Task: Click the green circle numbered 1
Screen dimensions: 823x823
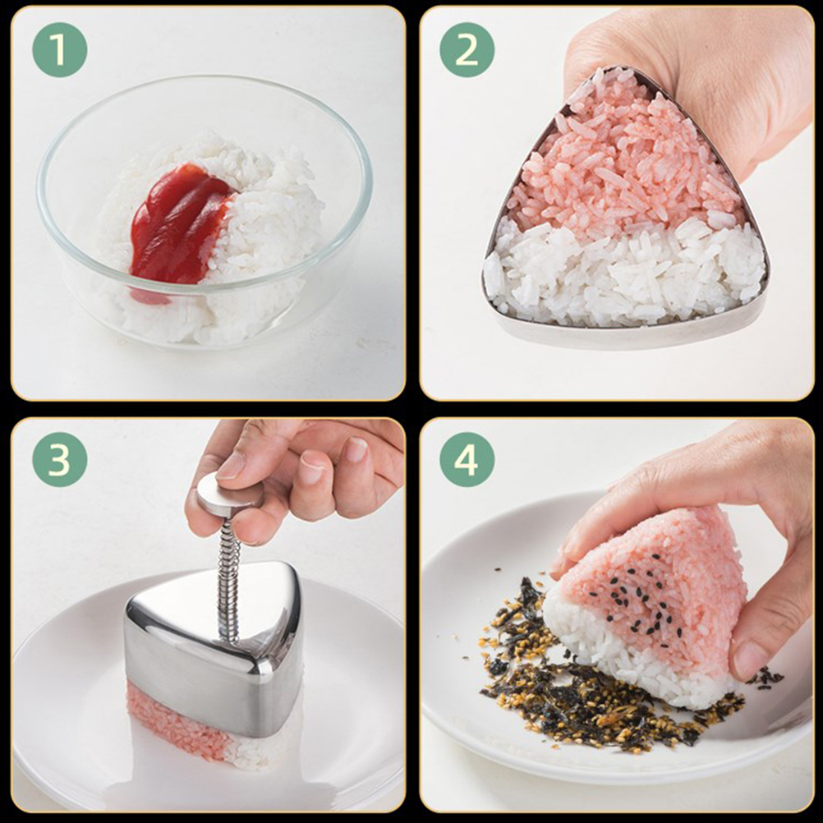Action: point(59,50)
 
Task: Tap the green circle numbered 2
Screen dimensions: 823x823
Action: point(467,50)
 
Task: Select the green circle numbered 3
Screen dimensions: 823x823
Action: point(59,459)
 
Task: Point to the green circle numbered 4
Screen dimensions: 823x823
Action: point(467,459)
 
